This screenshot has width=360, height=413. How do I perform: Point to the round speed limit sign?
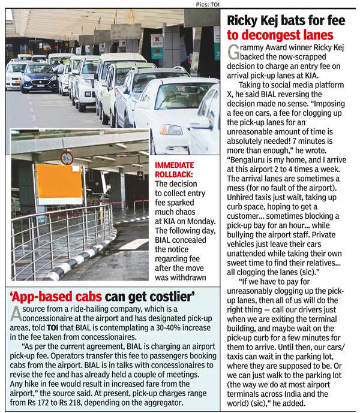tap(67, 158)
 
